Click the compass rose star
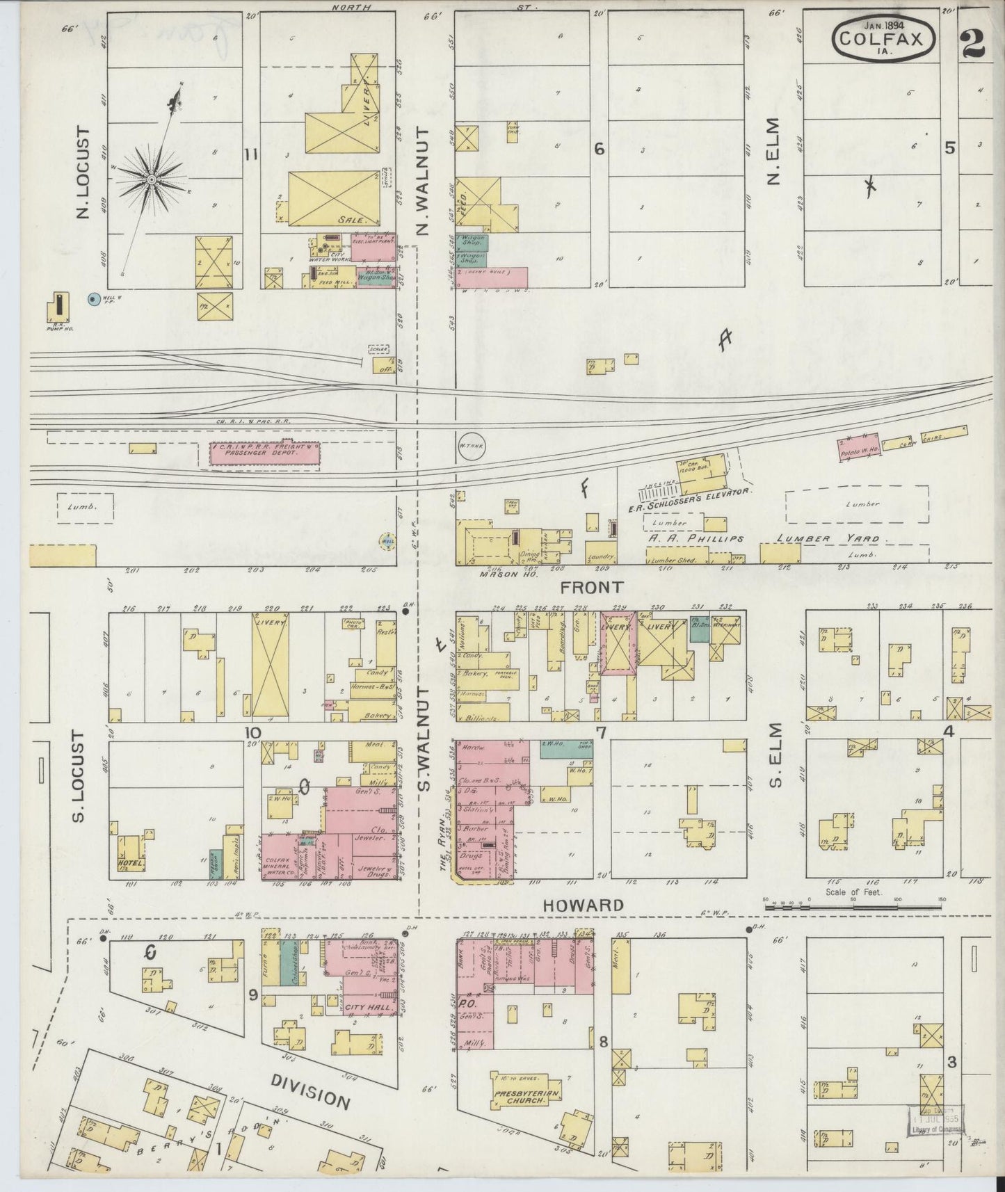[150, 180]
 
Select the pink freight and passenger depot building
[265, 453]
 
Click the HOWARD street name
[583, 905]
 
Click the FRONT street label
[591, 587]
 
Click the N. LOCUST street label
[83, 172]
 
